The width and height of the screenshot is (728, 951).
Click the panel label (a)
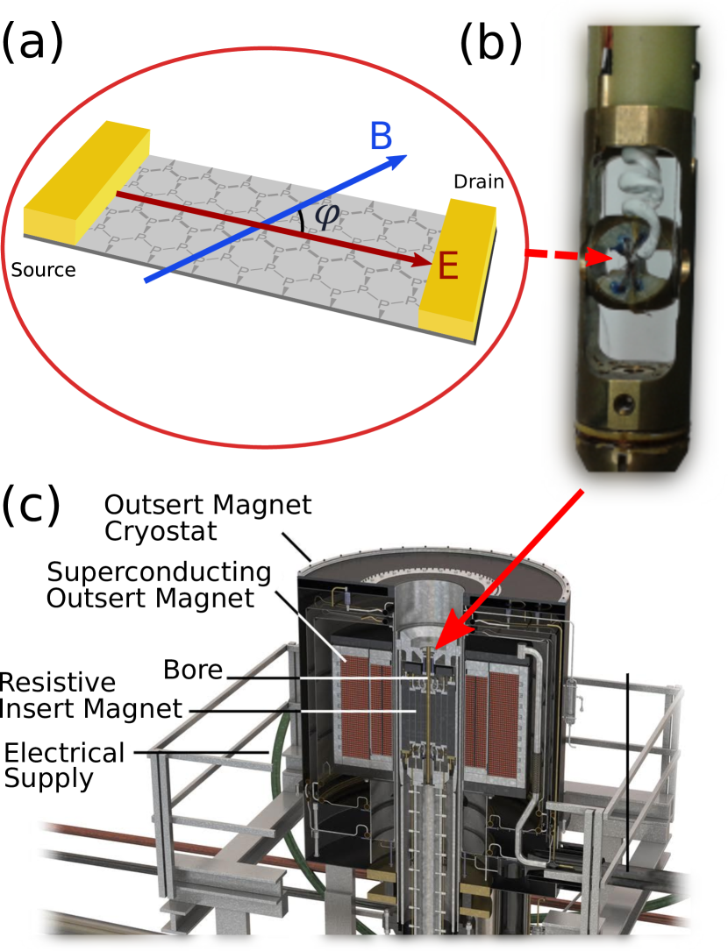(x=32, y=41)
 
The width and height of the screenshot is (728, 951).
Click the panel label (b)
(x=491, y=44)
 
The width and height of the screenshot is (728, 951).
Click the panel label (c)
(x=32, y=505)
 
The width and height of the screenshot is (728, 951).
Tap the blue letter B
(x=382, y=136)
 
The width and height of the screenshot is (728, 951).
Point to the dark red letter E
(x=448, y=266)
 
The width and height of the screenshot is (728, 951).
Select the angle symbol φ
(x=326, y=216)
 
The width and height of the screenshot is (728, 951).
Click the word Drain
(x=479, y=181)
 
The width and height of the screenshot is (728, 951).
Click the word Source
(x=43, y=270)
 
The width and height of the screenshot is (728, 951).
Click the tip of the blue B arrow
(x=407, y=154)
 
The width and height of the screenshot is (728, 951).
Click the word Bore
(x=193, y=670)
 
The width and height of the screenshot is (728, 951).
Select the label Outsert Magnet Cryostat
(x=208, y=517)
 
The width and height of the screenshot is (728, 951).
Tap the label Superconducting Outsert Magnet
(x=159, y=585)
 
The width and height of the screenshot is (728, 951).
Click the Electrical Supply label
(x=64, y=766)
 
